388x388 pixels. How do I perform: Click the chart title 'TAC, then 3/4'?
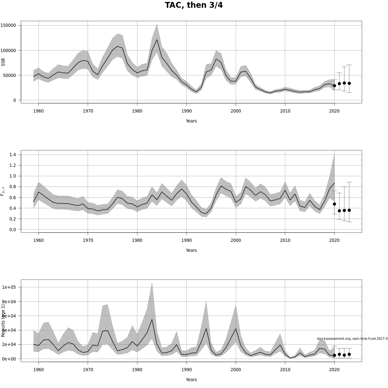coord(194,5)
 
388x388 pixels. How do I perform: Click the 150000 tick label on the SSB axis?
coord(9,25)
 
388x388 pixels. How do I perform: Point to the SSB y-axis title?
coord(3,62)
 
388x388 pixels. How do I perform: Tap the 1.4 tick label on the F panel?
coord(13,155)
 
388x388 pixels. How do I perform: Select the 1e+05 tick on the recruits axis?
coord(9,287)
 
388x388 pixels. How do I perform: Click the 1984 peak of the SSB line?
coord(157,40)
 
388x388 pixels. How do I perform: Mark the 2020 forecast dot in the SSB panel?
coord(334,86)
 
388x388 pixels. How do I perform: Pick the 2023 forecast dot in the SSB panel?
coord(349,83)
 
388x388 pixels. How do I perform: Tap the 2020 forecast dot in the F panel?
coord(334,204)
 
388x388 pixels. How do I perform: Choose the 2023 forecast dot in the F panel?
coord(349,210)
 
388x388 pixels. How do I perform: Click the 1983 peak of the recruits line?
coord(152,319)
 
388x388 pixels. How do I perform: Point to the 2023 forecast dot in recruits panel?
coord(349,354)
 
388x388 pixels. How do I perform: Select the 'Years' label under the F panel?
coord(191,250)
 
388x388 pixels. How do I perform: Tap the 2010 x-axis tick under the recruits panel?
coord(285,370)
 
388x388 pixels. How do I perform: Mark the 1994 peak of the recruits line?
coord(206,329)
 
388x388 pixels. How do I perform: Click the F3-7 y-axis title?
coord(3,191)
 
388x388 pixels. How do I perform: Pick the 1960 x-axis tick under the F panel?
coord(38,241)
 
